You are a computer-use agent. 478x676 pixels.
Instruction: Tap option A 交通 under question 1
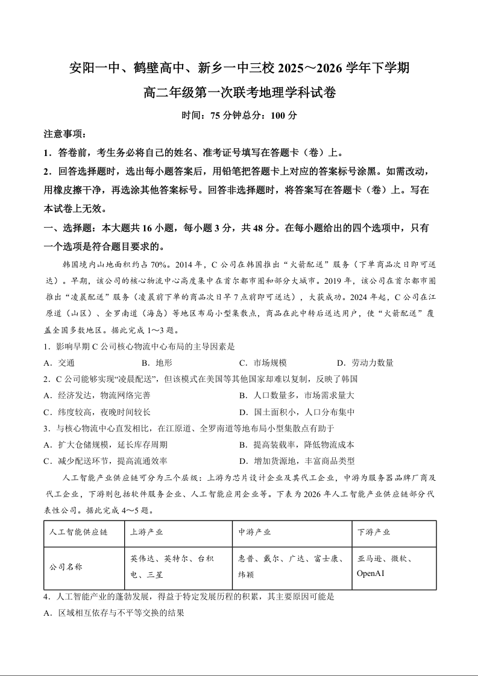click(x=60, y=363)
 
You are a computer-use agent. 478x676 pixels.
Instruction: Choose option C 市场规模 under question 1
click(x=263, y=363)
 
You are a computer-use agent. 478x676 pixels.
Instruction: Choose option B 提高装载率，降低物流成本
click(x=297, y=445)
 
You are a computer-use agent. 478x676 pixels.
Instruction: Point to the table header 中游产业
click(x=254, y=533)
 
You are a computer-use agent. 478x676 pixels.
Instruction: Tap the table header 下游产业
click(x=374, y=533)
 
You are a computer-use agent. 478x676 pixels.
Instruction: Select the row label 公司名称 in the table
click(x=66, y=567)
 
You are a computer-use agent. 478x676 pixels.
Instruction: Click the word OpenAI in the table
click(x=371, y=573)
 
